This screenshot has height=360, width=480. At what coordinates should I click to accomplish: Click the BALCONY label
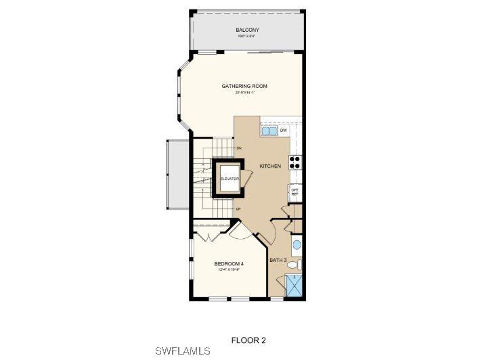coord(247,30)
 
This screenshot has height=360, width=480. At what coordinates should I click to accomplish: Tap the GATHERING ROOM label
coord(244,87)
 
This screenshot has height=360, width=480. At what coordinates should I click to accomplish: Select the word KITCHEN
coord(269,166)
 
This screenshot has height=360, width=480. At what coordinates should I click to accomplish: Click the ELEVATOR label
coord(230,179)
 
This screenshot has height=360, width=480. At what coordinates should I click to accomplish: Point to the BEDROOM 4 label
coord(229,264)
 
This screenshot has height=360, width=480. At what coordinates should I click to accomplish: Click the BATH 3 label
coord(278,261)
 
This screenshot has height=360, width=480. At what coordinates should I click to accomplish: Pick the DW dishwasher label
coord(284,130)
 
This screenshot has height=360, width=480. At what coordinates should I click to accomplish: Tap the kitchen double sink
coord(269,131)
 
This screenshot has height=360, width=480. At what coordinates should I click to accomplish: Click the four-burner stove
coord(296,162)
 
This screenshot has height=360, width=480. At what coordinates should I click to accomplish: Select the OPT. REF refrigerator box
coord(295,192)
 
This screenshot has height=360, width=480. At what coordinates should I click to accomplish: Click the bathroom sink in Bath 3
coord(297,244)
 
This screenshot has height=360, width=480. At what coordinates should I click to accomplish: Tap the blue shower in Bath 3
coord(295,286)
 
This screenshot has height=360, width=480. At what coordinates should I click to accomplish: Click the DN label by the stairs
coord(239,148)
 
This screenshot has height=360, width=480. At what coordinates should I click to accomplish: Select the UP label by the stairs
coord(238,209)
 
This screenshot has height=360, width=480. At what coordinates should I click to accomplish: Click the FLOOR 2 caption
coord(248,339)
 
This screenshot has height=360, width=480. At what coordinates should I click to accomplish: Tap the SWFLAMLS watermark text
coord(183,351)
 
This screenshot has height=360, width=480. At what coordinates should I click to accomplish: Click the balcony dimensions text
coord(247,37)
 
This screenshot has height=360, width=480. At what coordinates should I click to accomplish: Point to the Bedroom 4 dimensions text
coord(229,270)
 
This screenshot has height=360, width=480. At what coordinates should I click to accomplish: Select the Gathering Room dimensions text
coord(244,93)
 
